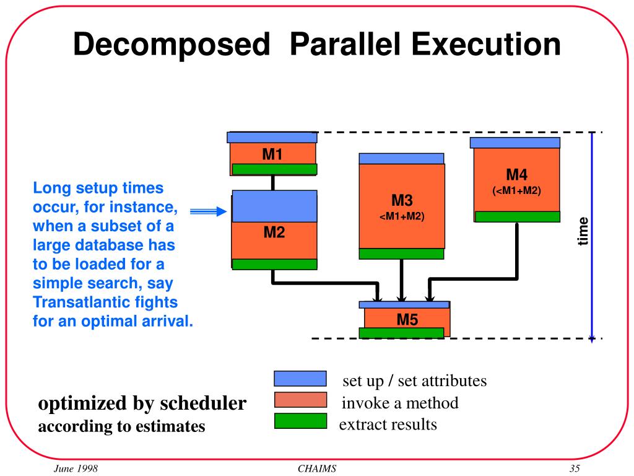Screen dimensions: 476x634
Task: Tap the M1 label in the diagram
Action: (x=272, y=154)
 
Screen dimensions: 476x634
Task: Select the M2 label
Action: (x=274, y=233)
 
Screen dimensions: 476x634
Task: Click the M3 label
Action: (x=402, y=201)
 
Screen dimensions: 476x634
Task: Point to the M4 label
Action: (x=517, y=175)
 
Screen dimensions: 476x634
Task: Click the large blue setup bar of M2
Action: (x=274, y=206)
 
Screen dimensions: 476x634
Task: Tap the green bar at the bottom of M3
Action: (x=401, y=253)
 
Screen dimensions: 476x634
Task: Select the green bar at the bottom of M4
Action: (x=517, y=216)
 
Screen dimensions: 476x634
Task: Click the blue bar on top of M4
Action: (x=515, y=143)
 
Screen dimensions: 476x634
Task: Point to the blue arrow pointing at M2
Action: (x=208, y=212)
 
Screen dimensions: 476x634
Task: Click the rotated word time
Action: (x=583, y=231)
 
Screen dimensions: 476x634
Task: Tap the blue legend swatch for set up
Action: (x=300, y=379)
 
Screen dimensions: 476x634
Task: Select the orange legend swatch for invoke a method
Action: (x=300, y=400)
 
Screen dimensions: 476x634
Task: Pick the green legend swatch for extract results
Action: (x=300, y=421)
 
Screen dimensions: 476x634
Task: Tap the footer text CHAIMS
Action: (x=317, y=469)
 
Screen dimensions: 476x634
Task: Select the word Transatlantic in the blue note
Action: (x=74, y=303)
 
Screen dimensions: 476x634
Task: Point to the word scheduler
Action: (x=203, y=403)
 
